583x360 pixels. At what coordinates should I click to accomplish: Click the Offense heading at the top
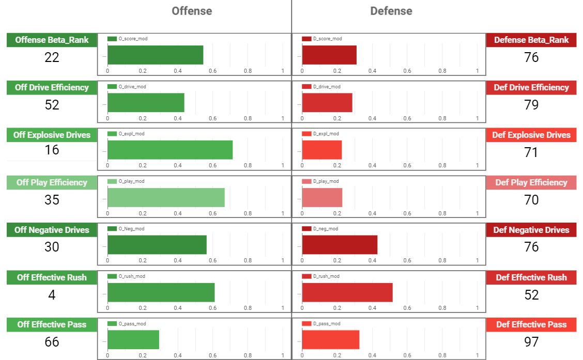[x=192, y=11]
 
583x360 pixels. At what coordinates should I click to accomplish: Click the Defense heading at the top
[x=391, y=11]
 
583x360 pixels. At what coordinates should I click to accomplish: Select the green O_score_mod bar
[x=155, y=55]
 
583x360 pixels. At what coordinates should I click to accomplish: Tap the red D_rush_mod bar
[x=347, y=292]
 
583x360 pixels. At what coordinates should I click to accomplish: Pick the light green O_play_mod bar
[x=166, y=197]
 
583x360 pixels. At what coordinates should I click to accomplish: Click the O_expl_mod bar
[x=170, y=150]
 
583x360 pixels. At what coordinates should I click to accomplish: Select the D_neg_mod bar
[x=340, y=245]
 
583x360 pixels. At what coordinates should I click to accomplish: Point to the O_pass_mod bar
[x=133, y=340]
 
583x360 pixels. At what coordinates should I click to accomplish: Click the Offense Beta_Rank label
[x=52, y=40]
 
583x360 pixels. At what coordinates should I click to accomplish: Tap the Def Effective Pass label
[x=531, y=325]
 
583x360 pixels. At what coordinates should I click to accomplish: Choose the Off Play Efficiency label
[x=52, y=182]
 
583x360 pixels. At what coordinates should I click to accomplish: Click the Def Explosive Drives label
[x=531, y=135]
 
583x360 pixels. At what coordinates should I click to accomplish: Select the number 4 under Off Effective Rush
[x=52, y=295]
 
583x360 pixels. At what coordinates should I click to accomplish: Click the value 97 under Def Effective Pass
[x=531, y=342]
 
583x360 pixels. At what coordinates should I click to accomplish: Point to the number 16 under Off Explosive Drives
[x=52, y=150]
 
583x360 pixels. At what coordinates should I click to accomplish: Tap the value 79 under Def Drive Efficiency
[x=531, y=105]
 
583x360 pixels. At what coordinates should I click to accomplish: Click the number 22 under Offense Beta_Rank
[x=52, y=57]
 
